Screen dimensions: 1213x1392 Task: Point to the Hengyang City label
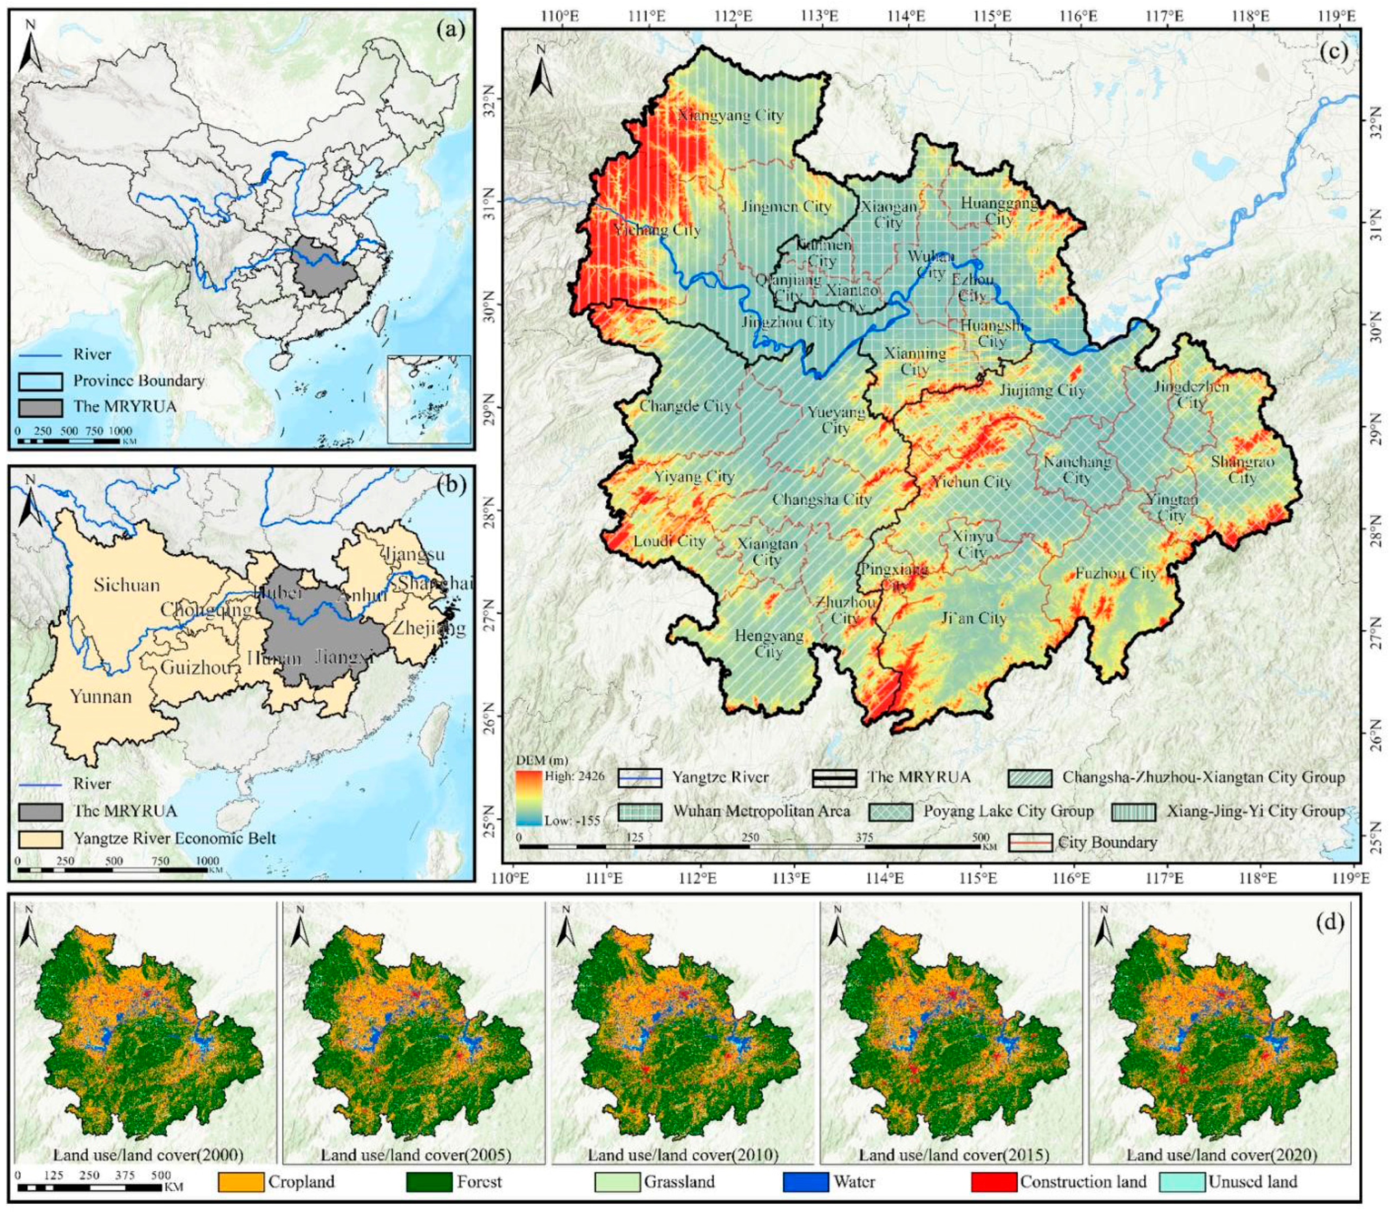(x=769, y=644)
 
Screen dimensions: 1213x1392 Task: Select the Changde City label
(x=685, y=406)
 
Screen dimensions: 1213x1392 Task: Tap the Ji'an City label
(x=973, y=618)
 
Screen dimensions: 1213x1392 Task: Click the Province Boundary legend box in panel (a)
(x=41, y=381)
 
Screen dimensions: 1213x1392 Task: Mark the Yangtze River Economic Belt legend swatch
(x=41, y=838)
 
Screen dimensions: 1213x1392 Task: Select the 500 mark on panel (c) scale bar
(x=980, y=836)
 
